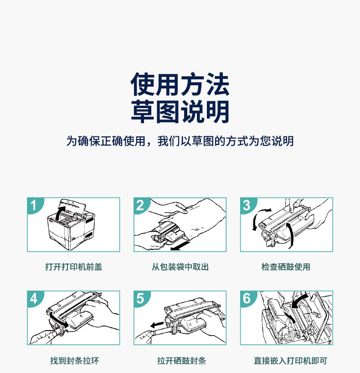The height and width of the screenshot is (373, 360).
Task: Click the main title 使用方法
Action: [x=180, y=84]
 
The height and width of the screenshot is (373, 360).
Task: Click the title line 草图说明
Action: [x=180, y=112]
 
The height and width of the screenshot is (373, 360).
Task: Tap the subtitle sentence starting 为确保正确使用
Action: [x=180, y=141]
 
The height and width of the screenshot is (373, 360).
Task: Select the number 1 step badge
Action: [x=35, y=205]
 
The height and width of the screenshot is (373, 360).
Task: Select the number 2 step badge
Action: [x=141, y=205]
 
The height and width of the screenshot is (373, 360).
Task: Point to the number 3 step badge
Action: [x=248, y=205]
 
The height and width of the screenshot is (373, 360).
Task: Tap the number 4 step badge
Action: [x=35, y=299]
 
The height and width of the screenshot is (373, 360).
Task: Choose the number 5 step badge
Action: [x=141, y=299]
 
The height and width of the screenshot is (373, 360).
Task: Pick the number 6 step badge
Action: [x=248, y=299]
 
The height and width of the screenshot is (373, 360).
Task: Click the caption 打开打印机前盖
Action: [x=74, y=267]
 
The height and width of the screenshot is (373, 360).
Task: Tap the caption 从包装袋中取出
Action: [x=180, y=267]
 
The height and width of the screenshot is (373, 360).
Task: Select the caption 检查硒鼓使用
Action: [x=286, y=267]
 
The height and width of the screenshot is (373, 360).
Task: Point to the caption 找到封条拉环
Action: [x=74, y=361]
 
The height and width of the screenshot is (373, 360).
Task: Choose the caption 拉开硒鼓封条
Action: [x=181, y=361]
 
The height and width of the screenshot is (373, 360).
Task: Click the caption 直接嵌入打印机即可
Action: [x=290, y=361]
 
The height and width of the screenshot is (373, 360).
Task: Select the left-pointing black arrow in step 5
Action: [x=157, y=325]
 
